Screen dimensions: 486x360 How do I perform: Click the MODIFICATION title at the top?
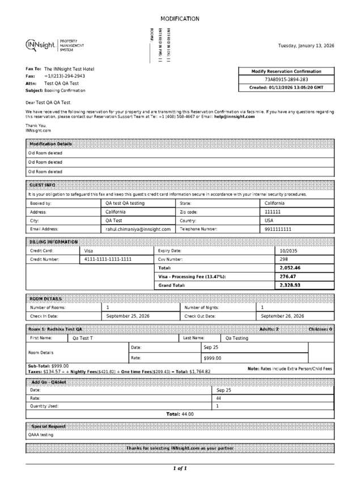click(180, 19)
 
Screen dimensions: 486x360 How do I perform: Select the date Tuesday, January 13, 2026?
click(306, 45)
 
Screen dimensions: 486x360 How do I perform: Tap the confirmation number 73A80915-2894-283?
click(286, 80)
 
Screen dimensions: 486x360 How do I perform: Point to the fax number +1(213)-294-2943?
click(65, 76)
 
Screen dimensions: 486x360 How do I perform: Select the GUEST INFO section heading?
click(42, 185)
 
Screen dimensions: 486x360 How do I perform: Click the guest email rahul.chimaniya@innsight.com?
click(138, 229)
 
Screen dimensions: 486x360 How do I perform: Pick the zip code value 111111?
click(273, 212)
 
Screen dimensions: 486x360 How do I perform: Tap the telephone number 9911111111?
click(278, 229)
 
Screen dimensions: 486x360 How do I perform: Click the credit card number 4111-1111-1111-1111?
click(108, 259)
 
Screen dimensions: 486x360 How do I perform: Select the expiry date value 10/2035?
click(289, 250)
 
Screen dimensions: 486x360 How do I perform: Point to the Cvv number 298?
click(284, 259)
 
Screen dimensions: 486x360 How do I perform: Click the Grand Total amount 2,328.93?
click(290, 285)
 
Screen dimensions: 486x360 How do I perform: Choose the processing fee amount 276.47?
click(288, 276)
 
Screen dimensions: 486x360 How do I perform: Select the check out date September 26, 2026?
click(282, 316)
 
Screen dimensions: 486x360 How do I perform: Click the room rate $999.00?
click(212, 358)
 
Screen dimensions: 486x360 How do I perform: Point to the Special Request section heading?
click(48, 426)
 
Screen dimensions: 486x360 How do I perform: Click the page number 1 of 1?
click(180, 468)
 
